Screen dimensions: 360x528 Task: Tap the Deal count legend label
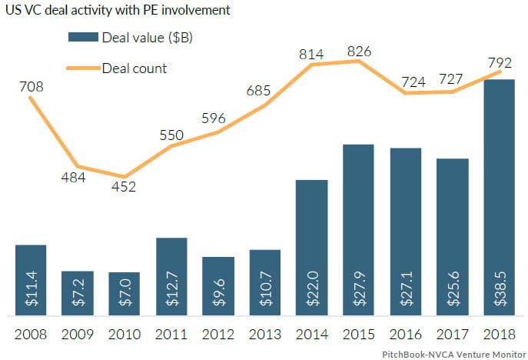pos(134,68)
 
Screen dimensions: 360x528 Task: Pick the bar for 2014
pos(311,248)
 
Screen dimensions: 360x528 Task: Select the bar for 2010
pos(124,294)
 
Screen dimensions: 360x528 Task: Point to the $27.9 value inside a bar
pos(359,291)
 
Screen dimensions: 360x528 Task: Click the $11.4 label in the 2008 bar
pos(30,291)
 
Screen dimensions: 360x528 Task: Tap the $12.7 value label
pos(171,291)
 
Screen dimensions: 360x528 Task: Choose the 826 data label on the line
pos(359,51)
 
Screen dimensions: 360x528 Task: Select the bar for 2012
pos(218,286)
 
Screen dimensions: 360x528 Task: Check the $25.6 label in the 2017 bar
pos(453,291)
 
